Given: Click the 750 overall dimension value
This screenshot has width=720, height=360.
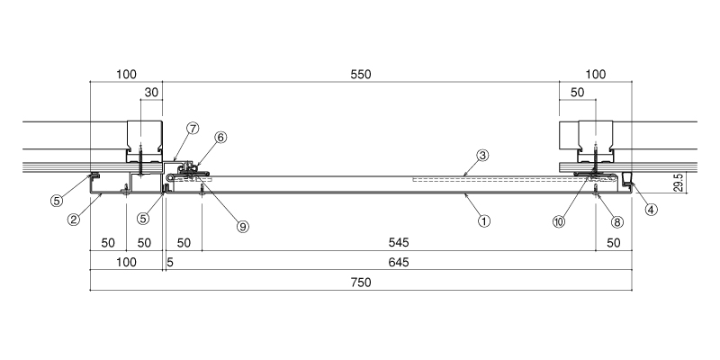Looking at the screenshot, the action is (361, 283).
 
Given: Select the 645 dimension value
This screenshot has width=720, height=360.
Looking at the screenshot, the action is (399, 262).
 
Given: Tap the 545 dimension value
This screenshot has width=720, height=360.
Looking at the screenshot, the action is (399, 242).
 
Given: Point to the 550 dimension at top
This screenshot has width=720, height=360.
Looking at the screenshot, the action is (361, 75).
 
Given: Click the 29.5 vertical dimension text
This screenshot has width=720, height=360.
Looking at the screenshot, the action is (680, 183).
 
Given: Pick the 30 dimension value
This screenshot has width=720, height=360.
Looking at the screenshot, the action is (151, 93).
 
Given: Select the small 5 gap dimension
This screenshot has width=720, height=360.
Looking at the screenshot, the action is (170, 262).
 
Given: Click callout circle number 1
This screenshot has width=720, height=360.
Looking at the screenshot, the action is (484, 221).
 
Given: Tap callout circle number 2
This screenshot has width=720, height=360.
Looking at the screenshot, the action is (73, 220).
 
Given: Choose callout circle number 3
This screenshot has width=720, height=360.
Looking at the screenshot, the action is (481, 156).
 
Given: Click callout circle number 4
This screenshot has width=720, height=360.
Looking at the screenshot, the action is (651, 210).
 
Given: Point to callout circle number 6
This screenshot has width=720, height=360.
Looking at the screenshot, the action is (220, 137).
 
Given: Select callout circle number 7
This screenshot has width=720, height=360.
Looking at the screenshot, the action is (193, 128).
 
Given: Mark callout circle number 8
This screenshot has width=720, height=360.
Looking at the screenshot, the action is (617, 222).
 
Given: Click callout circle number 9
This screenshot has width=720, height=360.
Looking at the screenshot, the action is (243, 226).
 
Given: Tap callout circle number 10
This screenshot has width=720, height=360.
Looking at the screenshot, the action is (559, 221).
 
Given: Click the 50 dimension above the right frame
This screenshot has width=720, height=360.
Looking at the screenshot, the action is (577, 93).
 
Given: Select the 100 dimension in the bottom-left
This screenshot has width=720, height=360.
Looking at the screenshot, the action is (126, 262).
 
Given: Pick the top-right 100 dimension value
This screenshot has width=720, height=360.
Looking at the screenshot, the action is (596, 75).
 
